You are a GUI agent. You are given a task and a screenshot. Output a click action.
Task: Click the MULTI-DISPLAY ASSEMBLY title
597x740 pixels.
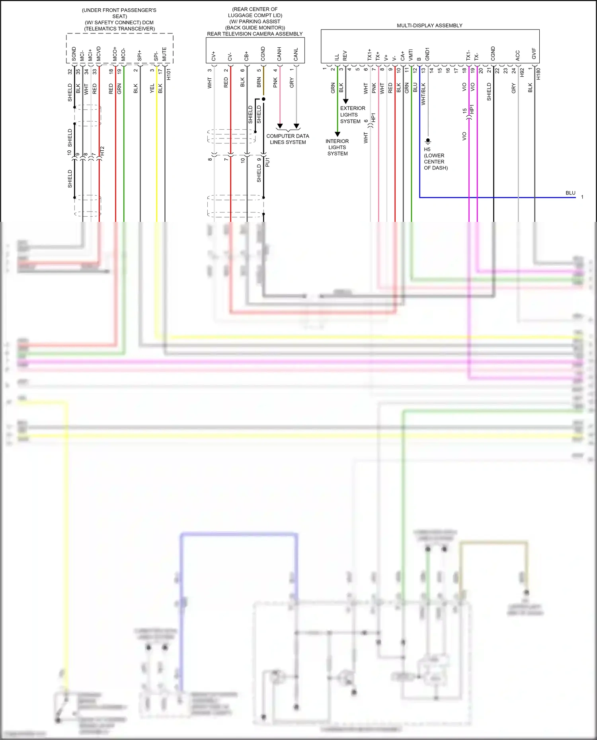[x=429, y=25]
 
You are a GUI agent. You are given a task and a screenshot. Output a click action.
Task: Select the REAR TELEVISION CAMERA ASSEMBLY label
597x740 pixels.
[x=255, y=34]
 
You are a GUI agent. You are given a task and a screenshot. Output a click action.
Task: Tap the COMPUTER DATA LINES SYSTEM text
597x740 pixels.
[x=288, y=139]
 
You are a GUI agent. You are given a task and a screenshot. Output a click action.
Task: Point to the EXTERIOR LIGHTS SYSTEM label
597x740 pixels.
[x=352, y=115]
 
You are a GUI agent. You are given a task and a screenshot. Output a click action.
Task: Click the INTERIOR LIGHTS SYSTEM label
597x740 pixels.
[x=337, y=147]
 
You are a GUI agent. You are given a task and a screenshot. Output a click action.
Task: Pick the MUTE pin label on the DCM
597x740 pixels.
[x=164, y=54]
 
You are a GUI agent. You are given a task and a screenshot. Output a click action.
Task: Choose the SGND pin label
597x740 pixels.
[x=74, y=54]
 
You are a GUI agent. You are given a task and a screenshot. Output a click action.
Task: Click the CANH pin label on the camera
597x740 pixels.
[x=279, y=54]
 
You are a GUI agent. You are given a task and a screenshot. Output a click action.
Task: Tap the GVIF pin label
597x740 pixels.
[x=534, y=54]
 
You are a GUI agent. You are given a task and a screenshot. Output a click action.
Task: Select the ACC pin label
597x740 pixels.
[x=518, y=55]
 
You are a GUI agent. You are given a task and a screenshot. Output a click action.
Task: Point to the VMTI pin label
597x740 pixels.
[x=411, y=54]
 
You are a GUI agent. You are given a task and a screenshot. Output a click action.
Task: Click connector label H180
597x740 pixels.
[x=538, y=74]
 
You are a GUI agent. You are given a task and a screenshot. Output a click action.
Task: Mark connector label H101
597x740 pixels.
[x=169, y=74]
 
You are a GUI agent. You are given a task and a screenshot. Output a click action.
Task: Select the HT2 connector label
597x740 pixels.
[x=102, y=151]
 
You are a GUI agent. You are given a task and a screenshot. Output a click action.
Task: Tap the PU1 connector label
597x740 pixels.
[x=267, y=162]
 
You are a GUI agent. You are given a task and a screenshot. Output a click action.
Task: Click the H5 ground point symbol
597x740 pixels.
[x=428, y=141]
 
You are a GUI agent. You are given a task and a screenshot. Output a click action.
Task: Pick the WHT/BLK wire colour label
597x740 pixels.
[x=423, y=94]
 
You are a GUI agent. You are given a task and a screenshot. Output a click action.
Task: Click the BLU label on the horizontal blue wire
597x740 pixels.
[x=570, y=193]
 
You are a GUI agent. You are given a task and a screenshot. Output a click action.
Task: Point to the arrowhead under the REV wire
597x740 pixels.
[x=345, y=101]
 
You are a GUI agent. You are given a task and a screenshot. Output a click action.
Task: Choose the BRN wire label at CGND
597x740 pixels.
[x=259, y=82]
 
